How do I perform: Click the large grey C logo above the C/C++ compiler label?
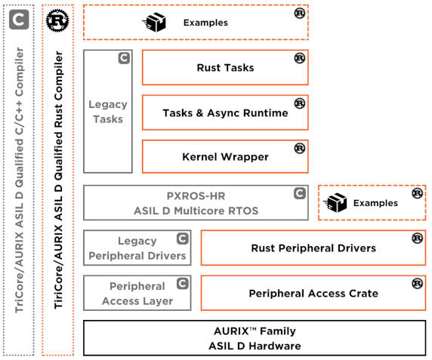19,20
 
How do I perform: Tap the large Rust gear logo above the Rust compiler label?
57,20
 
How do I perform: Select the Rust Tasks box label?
225,68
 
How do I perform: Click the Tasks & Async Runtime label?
225,113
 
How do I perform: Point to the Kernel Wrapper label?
225,157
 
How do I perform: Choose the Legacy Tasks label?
108,112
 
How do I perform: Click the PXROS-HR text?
196,196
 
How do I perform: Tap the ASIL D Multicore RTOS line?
196,211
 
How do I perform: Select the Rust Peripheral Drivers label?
313,248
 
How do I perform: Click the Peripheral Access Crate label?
313,294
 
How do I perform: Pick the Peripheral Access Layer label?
137,294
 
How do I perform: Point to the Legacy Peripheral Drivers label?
137,248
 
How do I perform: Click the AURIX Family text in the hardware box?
255,331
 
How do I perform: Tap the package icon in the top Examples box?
155,22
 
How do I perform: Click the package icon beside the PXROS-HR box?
335,202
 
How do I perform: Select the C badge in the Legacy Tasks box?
124,58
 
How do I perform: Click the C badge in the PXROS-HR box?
300,193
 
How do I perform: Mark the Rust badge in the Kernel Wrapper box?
300,149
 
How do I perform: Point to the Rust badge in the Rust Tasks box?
300,58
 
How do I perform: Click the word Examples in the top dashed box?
206,23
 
